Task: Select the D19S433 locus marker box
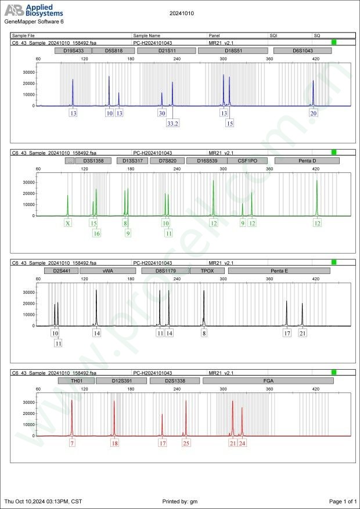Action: coord(73,51)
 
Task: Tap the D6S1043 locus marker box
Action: coord(302,51)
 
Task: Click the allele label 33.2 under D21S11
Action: coord(172,123)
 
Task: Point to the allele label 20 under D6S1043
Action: coord(314,113)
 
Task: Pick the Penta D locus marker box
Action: coord(303,161)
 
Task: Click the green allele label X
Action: coord(68,223)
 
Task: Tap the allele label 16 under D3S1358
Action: coord(96,233)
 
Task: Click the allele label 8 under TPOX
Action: coord(204,333)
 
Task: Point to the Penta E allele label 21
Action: coord(303,333)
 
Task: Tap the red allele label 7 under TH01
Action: coord(72,443)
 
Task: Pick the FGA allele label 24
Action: coord(242,443)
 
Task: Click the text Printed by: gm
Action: coord(180,501)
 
